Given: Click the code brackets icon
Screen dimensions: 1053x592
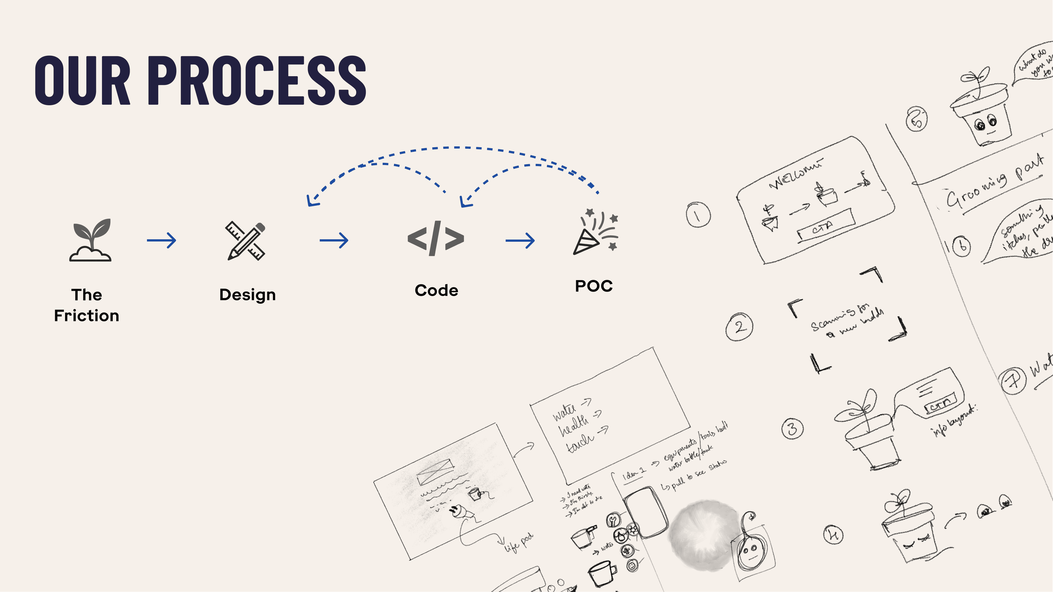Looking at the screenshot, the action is (436, 239).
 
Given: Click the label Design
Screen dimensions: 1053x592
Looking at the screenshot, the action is (247, 295).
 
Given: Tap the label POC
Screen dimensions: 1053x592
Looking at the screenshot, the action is (593, 286).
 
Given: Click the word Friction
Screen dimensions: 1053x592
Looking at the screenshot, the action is (87, 316).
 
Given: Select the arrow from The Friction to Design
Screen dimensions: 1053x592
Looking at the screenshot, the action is (162, 240).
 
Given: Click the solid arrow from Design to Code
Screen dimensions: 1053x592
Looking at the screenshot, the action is (334, 240).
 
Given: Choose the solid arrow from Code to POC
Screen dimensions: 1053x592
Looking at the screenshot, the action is (520, 240).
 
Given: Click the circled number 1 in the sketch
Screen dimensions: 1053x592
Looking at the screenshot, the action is (698, 215).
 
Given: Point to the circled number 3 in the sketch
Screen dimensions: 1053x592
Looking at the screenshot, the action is (792, 429).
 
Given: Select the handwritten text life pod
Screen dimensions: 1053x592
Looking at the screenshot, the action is (518, 543).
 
